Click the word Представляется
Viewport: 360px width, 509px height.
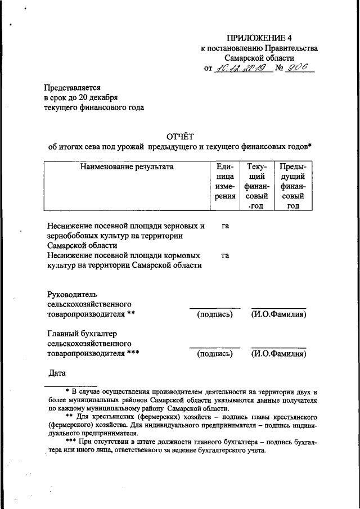coord(72,88)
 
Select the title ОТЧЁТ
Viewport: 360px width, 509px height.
coord(179,136)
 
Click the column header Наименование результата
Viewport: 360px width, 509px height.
coord(127,166)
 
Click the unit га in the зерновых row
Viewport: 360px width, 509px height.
coord(225,226)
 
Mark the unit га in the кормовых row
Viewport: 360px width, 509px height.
coord(225,256)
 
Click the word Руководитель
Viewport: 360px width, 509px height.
coord(73,294)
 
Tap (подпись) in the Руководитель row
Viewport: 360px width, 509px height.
coord(215,314)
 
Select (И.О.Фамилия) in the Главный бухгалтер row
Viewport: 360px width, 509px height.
coord(278,354)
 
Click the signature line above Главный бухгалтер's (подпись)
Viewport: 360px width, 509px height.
coord(215,347)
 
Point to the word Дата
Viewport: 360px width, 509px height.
coord(58,373)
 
